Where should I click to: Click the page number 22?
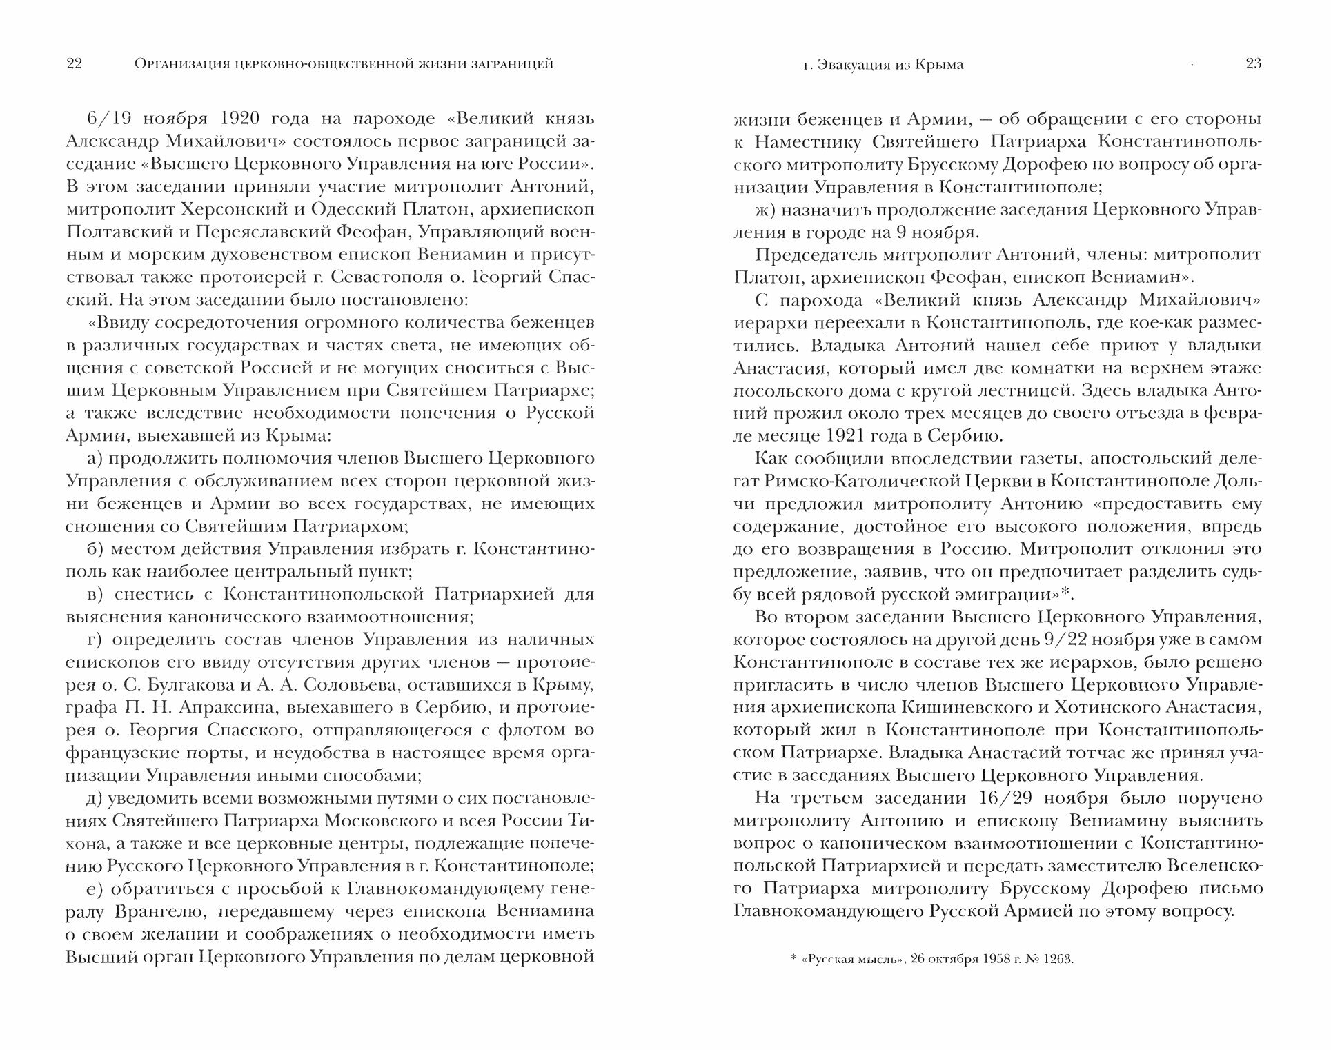coord(75,64)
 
